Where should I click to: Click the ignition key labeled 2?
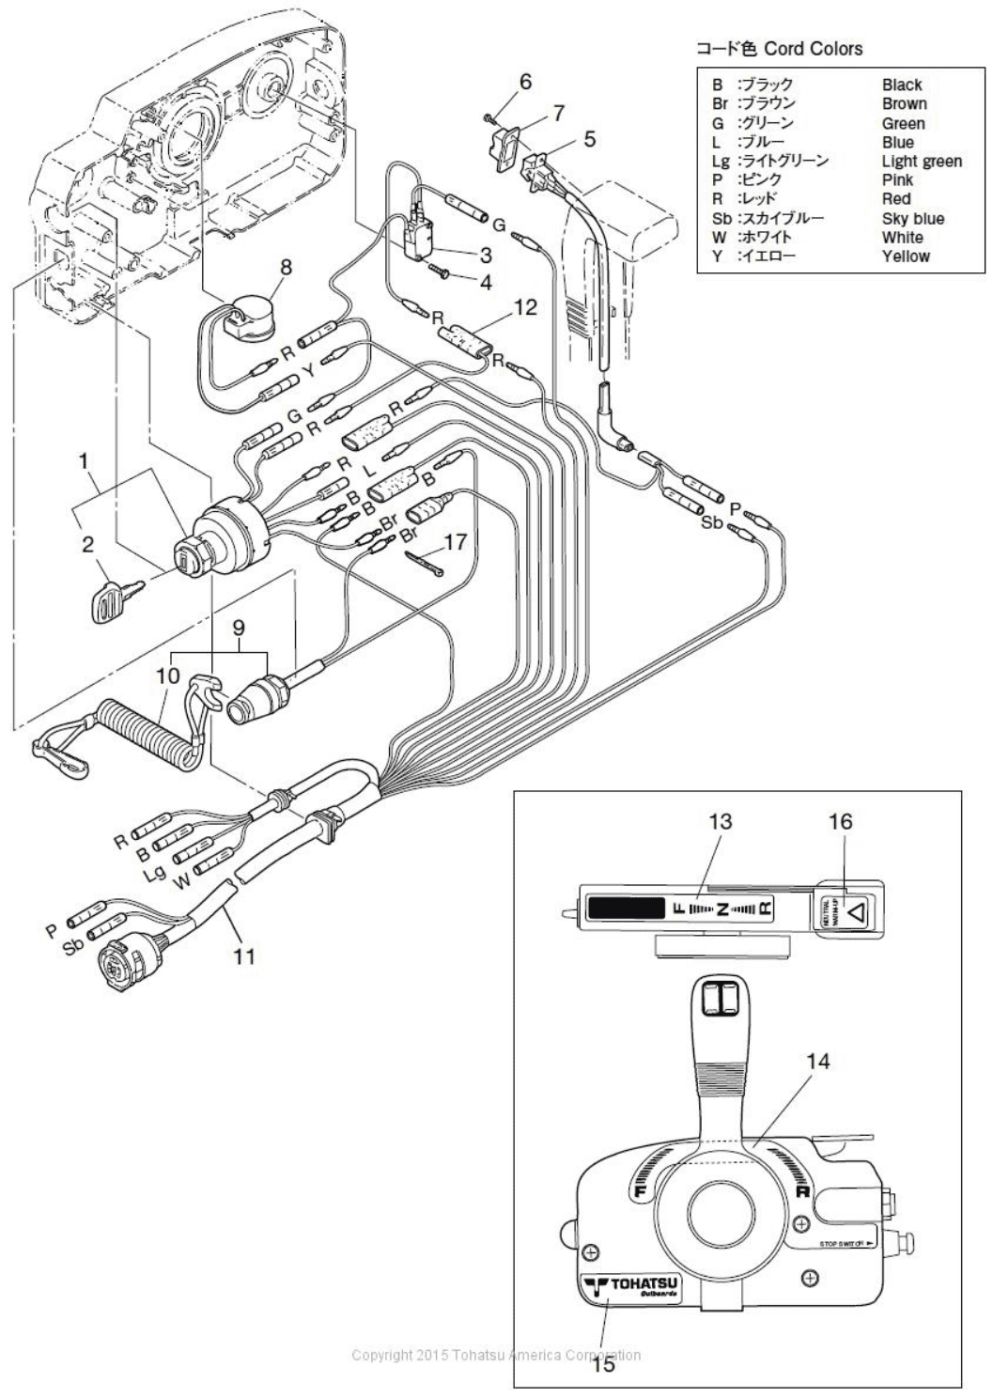pos(110,598)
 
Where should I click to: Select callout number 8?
pos(285,267)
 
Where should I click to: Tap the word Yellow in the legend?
pos(906,256)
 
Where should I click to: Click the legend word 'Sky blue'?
pos(912,218)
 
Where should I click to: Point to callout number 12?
pos(525,306)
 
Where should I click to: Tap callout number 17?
pos(456,542)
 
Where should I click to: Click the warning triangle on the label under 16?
pos(856,909)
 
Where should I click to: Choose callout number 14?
pos(818,1061)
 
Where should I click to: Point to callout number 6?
pos(525,82)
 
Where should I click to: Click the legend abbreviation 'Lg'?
pos(720,161)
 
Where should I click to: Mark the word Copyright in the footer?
pos(380,1354)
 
